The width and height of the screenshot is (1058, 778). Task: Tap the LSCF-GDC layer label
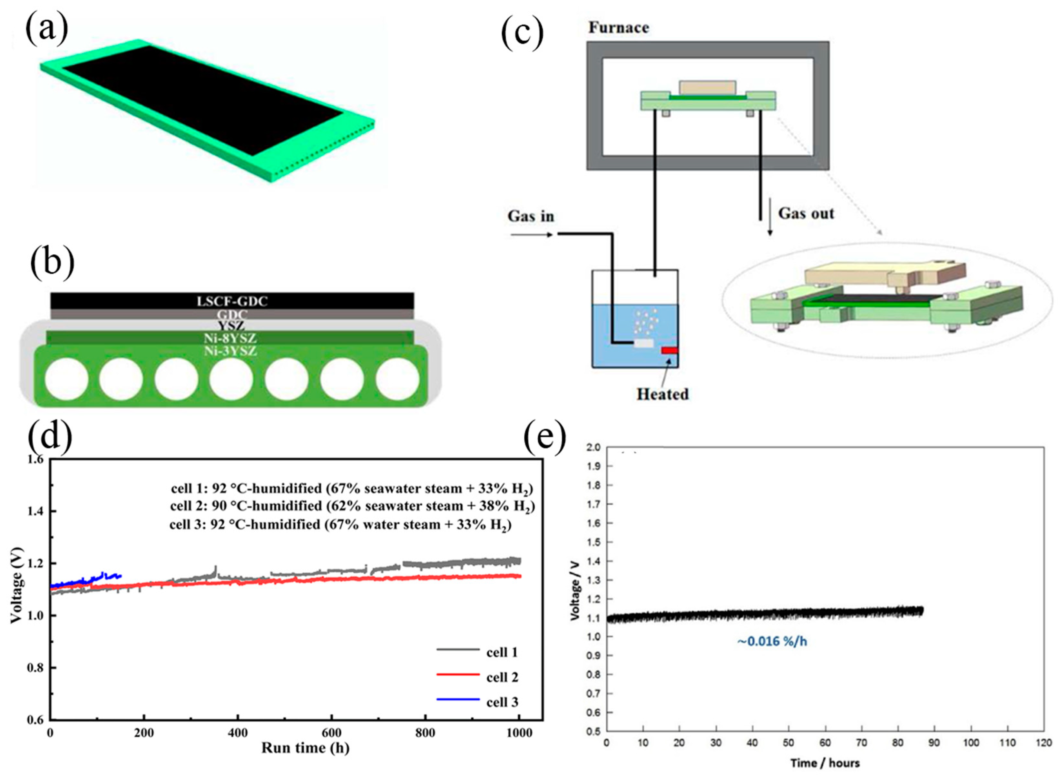pyautogui.click(x=232, y=301)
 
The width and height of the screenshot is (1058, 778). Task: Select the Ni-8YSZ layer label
pyautogui.click(x=230, y=338)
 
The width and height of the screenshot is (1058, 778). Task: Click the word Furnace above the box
pyautogui.click(x=619, y=28)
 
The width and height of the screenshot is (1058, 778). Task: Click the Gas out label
pyautogui.click(x=806, y=213)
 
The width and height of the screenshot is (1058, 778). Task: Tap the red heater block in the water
pyautogui.click(x=669, y=350)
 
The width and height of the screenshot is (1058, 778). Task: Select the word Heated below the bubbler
pyautogui.click(x=662, y=394)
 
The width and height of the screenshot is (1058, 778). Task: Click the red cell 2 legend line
pyautogui.click(x=458, y=675)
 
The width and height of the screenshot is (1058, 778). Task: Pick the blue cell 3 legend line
pyautogui.click(x=458, y=699)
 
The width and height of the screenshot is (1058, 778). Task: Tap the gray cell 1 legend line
pyautogui.click(x=458, y=650)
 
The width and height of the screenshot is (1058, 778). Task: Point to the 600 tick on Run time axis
pyautogui.click(x=332, y=733)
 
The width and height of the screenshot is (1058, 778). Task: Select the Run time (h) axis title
pyautogui.click(x=305, y=748)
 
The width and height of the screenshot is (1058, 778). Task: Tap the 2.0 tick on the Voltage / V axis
pyautogui.click(x=593, y=447)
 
